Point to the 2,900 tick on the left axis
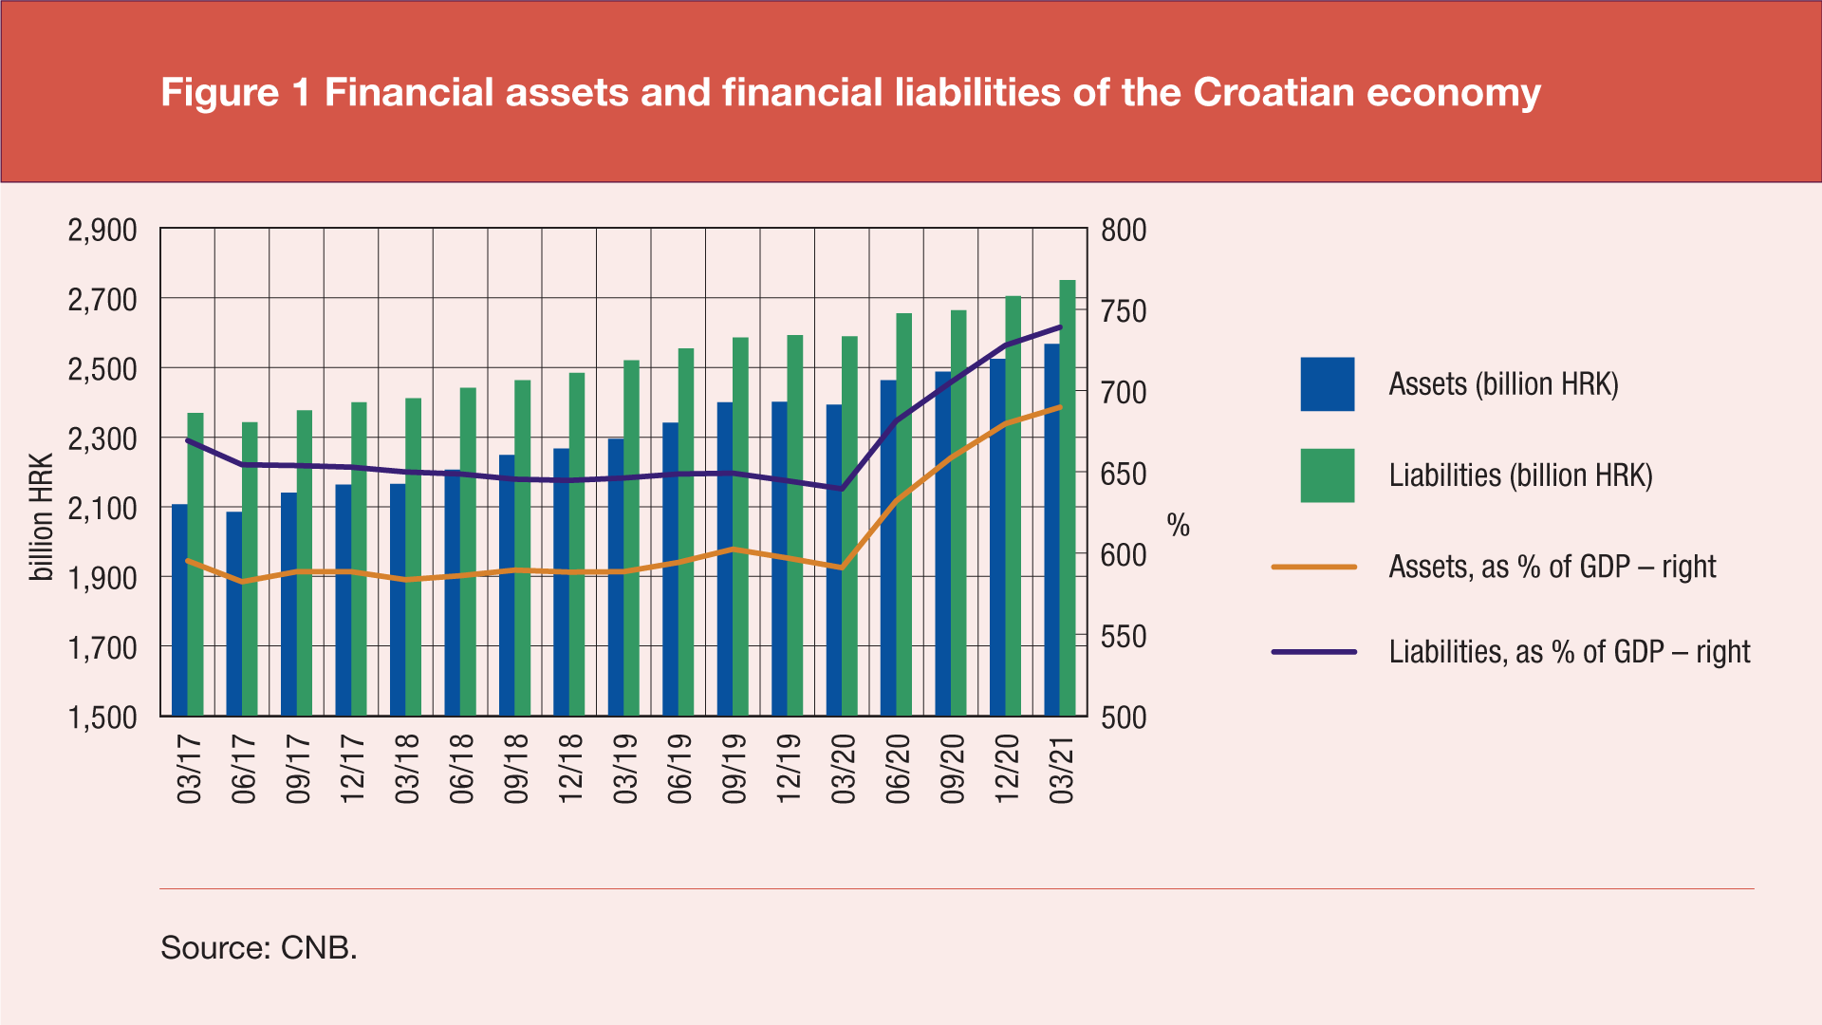[x=102, y=231]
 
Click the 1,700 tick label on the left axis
[x=102, y=649]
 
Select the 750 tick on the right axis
[x=1124, y=311]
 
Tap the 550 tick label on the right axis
[x=1124, y=637]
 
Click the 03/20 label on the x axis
[x=844, y=769]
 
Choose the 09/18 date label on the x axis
[x=516, y=769]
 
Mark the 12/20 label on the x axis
[x=1007, y=769]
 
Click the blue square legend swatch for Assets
[x=1327, y=384]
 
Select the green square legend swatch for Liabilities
[x=1327, y=475]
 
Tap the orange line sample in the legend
[x=1313, y=568]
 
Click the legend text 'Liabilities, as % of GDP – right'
[x=1570, y=652]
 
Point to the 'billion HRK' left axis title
[x=42, y=517]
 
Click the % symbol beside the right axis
[x=1178, y=526]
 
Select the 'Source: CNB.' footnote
[x=259, y=947]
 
